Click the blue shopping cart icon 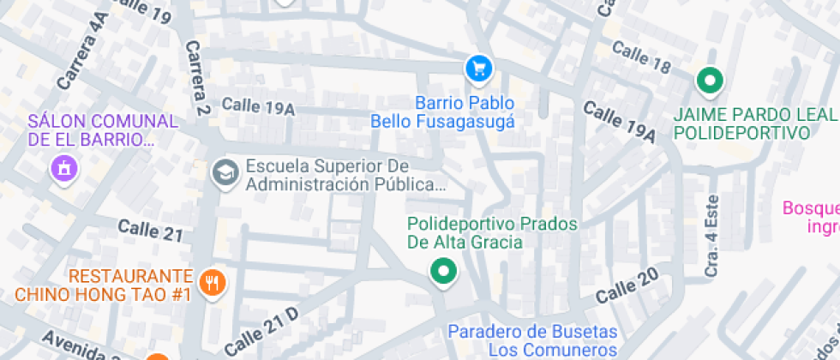point(478,69)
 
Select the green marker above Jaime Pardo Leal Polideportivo point(709,81)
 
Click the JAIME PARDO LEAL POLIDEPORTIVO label point(754,124)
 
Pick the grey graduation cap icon point(225,172)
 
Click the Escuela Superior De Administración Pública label point(345,174)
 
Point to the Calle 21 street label point(151,230)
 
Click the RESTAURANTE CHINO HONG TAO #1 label point(103,285)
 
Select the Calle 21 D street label point(262,331)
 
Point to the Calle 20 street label point(627,286)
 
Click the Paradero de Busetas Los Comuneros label point(532,340)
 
